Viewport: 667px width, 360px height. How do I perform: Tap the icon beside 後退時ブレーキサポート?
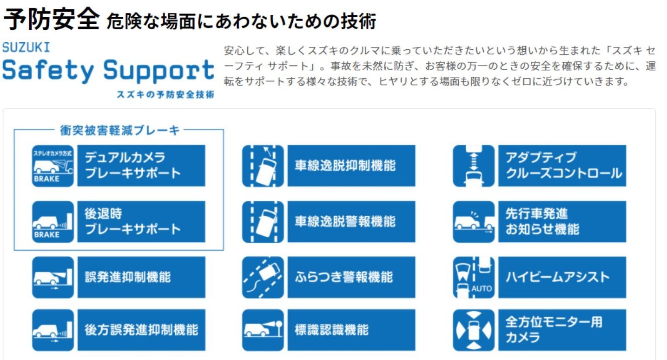coord(53,222)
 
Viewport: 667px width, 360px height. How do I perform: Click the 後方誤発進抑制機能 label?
coord(141,330)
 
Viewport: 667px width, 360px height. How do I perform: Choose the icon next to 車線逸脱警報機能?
coord(263,222)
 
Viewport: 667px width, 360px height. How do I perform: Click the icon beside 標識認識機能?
coord(263,330)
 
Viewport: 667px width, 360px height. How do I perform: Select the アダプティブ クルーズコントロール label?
coord(562,166)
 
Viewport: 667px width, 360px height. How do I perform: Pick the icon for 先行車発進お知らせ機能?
coord(474,222)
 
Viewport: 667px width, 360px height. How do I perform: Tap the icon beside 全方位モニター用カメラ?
coord(474,330)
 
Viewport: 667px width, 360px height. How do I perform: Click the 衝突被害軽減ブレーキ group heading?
coord(119,130)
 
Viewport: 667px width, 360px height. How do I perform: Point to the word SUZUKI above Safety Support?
coord(26,47)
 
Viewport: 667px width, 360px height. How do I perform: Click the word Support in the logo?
coord(158,71)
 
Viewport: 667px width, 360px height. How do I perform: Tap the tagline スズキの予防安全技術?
coord(165,94)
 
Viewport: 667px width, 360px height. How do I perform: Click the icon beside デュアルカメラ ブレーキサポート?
coord(53,166)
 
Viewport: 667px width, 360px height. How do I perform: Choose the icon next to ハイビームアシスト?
coord(474,277)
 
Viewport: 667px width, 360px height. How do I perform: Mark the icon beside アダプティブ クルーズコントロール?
coord(474,166)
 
